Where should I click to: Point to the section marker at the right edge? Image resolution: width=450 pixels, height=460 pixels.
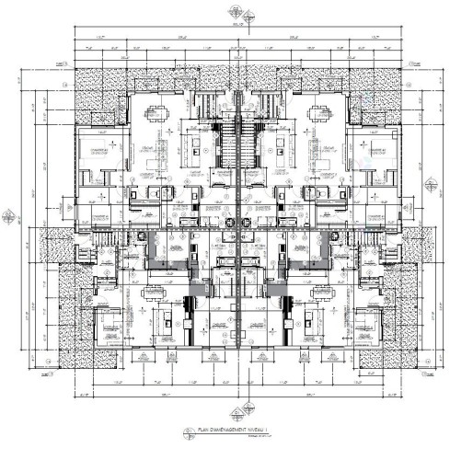click(440, 218)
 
